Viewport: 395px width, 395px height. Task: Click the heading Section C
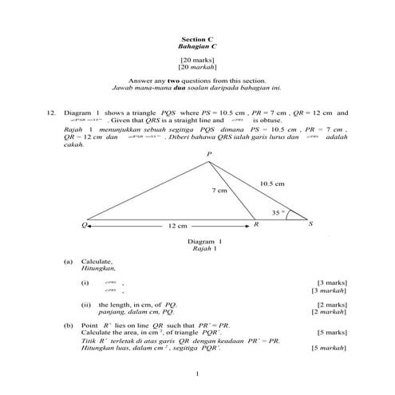[197, 39]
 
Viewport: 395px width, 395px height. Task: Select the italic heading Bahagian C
[197, 47]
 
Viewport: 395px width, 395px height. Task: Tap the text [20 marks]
[197, 60]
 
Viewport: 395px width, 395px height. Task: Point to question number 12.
[49, 113]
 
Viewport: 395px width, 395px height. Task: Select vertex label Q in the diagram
[83, 224]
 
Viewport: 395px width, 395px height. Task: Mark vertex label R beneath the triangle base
[255, 225]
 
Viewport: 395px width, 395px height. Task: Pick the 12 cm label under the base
[177, 226]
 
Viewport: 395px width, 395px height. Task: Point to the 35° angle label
[278, 212]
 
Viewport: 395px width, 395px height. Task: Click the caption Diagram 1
[203, 240]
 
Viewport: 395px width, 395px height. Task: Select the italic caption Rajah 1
[203, 248]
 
